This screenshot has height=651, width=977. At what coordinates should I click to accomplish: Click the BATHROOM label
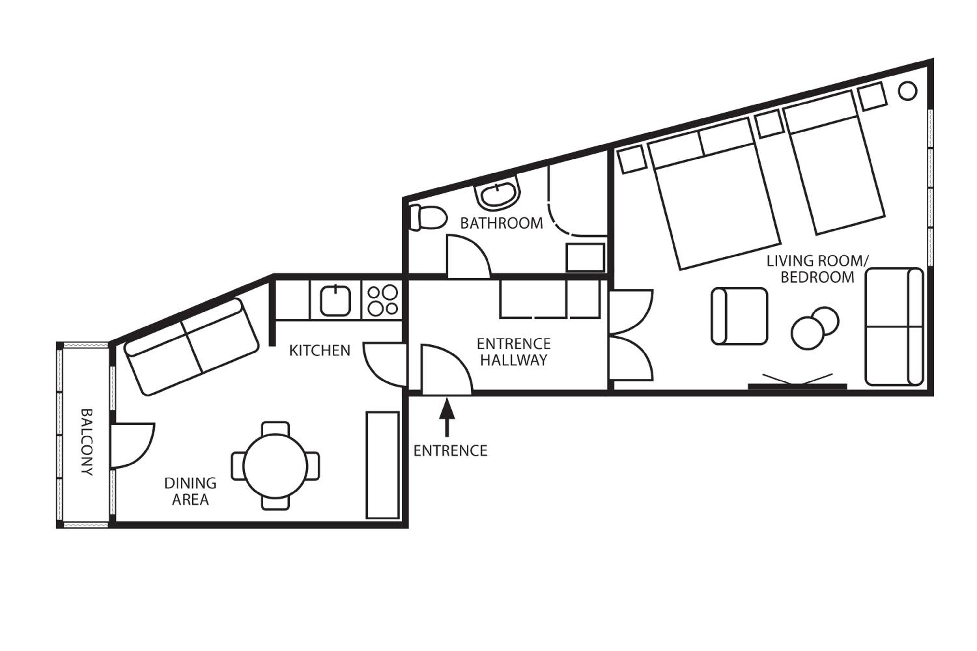point(502,223)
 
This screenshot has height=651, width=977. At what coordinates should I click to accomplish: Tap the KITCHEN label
point(320,351)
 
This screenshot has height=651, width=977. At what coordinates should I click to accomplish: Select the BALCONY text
point(87,442)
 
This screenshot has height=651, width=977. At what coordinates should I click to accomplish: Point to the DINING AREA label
point(190,491)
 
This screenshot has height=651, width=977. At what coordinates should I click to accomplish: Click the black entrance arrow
point(447,417)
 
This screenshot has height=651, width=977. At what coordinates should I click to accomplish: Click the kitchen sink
point(336,300)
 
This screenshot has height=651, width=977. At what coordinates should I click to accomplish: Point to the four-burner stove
point(383,300)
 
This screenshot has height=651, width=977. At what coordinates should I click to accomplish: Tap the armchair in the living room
point(739,316)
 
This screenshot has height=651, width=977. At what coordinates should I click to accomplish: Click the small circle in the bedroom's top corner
point(907,90)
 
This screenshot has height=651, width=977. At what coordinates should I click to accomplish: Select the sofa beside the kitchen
point(192,347)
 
